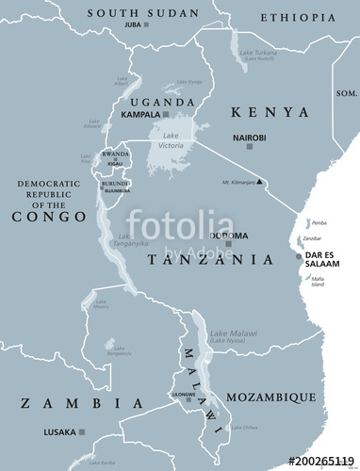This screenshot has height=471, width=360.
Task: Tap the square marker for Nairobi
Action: (x=236, y=147)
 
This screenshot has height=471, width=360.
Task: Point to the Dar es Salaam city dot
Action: (x=299, y=255)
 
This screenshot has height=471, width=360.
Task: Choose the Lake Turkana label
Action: (x=255, y=56)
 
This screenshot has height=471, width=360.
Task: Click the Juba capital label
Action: (x=131, y=24)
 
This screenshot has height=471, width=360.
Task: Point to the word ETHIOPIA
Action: (x=297, y=18)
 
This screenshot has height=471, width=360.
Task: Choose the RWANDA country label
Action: (x=116, y=154)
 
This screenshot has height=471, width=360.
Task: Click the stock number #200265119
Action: (x=321, y=462)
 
